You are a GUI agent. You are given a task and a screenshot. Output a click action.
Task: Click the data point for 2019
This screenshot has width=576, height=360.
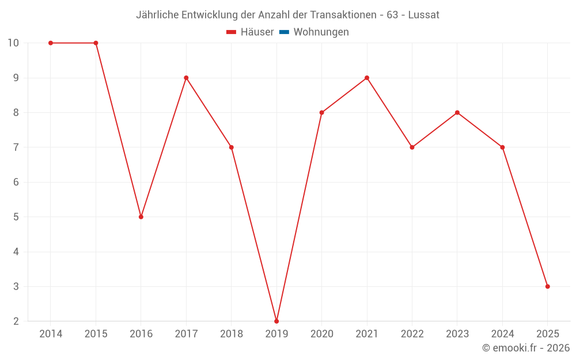click(276, 321)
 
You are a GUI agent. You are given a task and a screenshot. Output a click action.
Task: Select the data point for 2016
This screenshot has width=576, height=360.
click(141, 217)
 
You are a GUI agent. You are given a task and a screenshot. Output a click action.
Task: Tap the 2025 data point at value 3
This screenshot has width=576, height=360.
click(547, 286)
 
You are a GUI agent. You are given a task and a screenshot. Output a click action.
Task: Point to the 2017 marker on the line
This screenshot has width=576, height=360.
click(186, 78)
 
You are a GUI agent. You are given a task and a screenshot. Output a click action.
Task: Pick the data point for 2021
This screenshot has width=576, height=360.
click(367, 78)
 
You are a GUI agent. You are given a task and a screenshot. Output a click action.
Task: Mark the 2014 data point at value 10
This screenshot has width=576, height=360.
click(51, 43)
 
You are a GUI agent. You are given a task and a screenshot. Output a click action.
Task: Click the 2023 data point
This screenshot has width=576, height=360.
click(457, 112)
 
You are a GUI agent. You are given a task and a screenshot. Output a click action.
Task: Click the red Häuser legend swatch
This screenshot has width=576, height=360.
click(232, 32)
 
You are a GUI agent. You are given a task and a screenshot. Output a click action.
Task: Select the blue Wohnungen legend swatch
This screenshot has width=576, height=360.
click(284, 32)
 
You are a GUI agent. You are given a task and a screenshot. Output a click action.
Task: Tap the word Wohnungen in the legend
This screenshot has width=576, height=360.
click(321, 32)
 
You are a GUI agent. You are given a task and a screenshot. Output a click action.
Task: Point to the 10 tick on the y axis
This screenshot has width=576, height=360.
click(13, 43)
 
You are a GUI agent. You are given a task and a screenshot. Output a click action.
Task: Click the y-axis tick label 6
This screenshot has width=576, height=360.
click(16, 182)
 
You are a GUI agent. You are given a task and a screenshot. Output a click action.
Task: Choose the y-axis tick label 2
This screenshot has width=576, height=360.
click(16, 321)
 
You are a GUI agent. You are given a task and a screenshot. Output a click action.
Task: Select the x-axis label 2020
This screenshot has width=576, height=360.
click(322, 334)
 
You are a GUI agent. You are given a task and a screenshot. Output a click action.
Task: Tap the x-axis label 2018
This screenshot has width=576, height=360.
click(232, 334)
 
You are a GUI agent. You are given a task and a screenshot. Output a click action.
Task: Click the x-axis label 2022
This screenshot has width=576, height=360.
click(412, 334)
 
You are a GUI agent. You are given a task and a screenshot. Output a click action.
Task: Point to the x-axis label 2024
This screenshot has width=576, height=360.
click(502, 334)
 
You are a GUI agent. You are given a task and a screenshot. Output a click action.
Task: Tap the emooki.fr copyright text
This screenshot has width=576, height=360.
click(526, 348)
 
